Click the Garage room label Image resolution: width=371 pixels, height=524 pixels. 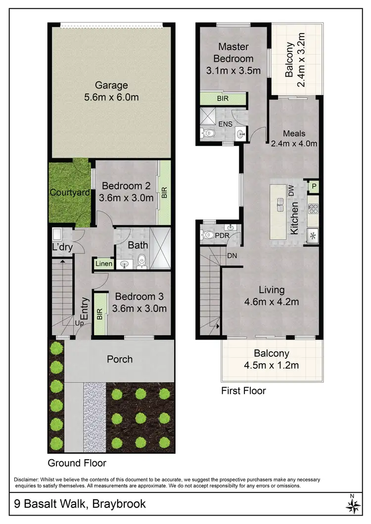[x=111, y=85]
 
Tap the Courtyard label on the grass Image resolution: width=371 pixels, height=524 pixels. [x=69, y=192]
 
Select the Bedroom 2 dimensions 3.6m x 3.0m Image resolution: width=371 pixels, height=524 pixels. [x=126, y=197]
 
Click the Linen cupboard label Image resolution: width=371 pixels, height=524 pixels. [x=104, y=264]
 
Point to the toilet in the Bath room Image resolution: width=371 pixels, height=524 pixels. [x=142, y=260]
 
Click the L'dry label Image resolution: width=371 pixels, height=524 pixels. [x=62, y=248]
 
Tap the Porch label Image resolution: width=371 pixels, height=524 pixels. [x=120, y=359]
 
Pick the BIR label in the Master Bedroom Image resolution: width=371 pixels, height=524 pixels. [x=223, y=99]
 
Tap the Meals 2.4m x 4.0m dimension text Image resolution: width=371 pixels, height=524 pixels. [x=294, y=144]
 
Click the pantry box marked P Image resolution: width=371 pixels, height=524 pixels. [x=313, y=186]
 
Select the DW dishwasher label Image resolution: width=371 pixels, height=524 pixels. [x=291, y=190]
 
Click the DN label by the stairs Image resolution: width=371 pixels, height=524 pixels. [x=232, y=256]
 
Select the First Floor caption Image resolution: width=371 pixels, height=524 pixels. [x=243, y=391]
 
